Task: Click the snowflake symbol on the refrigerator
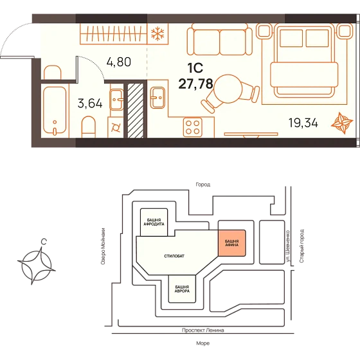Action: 157,33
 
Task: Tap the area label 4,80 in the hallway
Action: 119,62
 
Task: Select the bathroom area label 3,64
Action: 90,103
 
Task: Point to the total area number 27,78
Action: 196,84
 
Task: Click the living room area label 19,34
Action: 303,123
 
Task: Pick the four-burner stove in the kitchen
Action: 193,127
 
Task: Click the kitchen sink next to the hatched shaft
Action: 157,98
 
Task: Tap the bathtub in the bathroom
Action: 55,111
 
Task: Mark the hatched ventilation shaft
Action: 136,111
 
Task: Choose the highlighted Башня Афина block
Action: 231,243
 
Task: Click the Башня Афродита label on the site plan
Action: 154,222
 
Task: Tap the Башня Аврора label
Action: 182,289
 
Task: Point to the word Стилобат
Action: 174,256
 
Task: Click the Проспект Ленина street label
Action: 203,330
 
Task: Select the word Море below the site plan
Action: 203,343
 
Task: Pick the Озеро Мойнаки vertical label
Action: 103,246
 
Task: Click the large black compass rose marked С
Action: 37,266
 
